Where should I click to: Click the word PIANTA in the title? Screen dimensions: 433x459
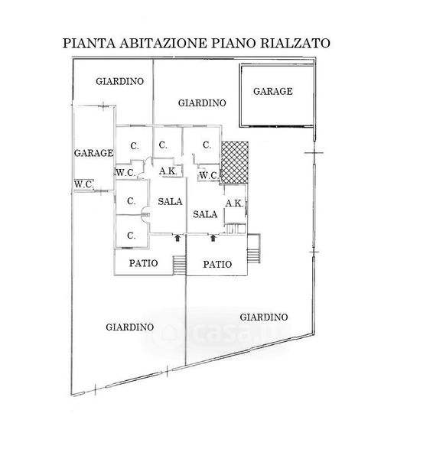coord(89,44)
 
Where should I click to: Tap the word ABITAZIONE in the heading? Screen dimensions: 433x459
coord(163,44)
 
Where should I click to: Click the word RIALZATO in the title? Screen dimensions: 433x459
coord(295,44)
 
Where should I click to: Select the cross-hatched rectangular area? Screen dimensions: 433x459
coord(235,162)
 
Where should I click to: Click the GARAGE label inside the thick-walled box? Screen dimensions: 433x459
coord(273,91)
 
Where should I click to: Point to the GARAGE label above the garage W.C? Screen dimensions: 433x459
coord(93,153)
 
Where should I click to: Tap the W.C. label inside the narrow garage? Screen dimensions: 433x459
coord(83,184)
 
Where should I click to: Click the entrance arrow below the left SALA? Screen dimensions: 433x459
coord(177,238)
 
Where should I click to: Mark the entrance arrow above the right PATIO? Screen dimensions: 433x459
coord(213,238)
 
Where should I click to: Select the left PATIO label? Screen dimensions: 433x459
coord(144,263)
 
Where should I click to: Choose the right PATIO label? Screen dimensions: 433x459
coord(217,265)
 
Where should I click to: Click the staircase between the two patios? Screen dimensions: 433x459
coord(180,265)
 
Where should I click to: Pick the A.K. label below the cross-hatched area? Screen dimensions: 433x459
coord(234,203)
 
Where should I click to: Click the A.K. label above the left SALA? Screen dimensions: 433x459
coord(168,171)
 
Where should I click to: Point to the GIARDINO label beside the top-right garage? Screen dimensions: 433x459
coord(202,103)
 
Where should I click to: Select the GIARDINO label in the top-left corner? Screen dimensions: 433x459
coord(120,81)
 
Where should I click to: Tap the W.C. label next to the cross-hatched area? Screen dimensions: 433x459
coord(209,176)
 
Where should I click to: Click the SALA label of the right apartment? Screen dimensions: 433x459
coord(205,214)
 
